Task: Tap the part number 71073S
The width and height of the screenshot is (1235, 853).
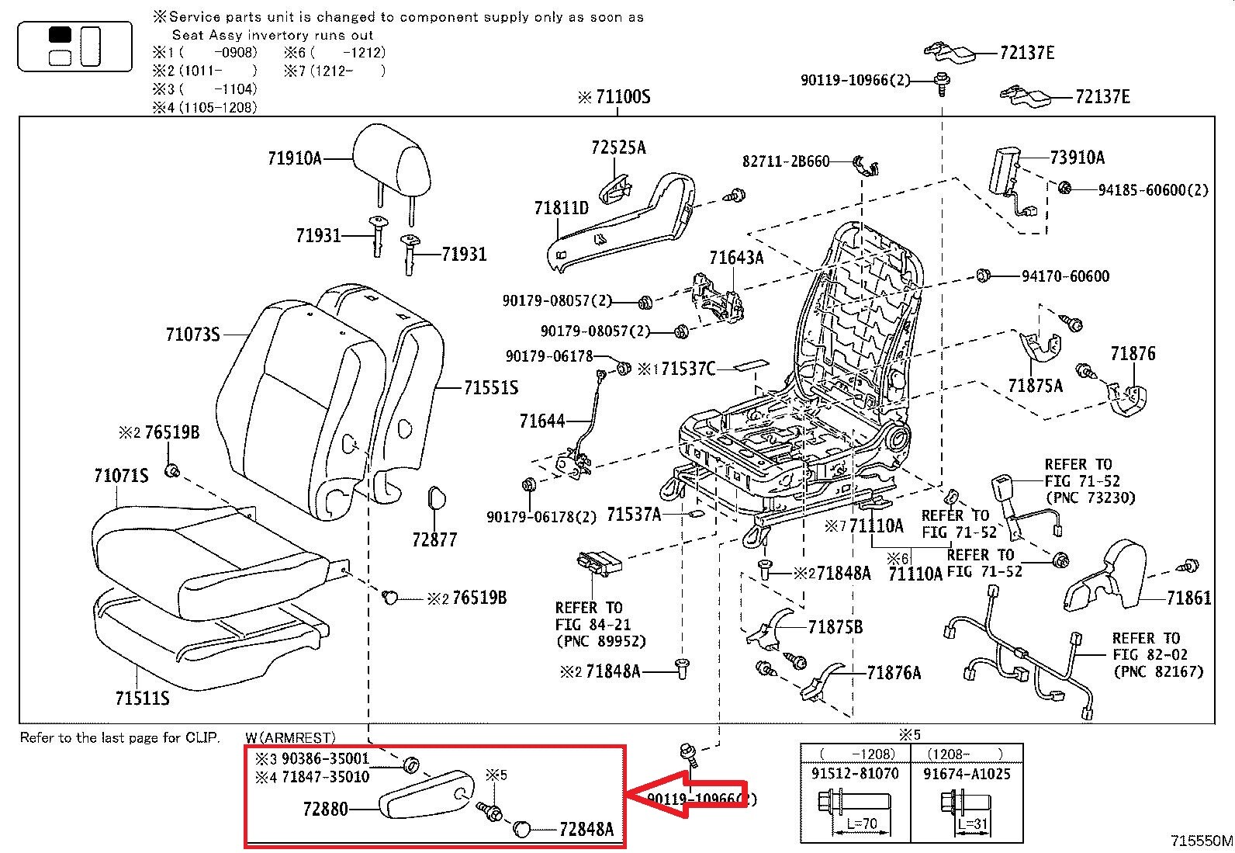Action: tap(192, 335)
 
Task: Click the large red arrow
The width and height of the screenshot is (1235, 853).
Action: tap(687, 795)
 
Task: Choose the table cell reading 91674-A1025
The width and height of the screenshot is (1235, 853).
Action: tap(967, 774)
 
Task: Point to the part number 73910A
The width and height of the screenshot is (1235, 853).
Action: tap(1077, 158)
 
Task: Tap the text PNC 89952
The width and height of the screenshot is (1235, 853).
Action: tap(600, 641)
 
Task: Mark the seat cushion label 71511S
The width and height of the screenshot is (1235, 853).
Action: tap(142, 699)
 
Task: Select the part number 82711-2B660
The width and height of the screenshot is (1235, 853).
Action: tap(785, 161)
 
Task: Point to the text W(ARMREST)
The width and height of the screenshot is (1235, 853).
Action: tap(290, 737)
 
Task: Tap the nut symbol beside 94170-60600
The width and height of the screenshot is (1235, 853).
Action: tap(982, 275)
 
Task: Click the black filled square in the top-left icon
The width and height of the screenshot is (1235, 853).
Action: tap(60, 35)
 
